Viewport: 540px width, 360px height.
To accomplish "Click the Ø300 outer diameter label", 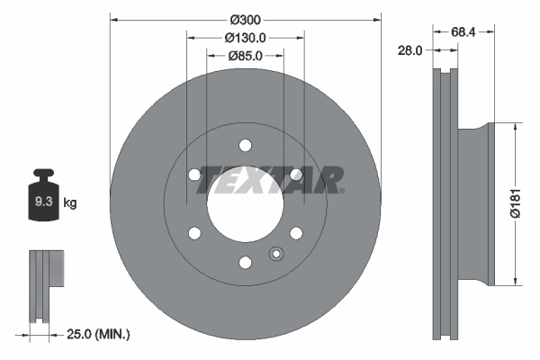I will click(245, 20).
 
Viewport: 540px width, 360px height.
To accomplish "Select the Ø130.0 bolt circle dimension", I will click(245, 38).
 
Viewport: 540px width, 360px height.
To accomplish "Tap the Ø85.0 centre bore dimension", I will click(245, 56).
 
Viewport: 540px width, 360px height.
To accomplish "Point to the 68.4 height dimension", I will click(463, 31).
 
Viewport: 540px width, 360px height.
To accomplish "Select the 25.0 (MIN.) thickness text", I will click(99, 334).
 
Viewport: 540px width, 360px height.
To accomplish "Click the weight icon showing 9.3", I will click(43, 201).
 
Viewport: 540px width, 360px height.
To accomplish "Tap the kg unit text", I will click(70, 203).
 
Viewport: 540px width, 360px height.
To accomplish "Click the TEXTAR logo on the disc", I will click(270, 179).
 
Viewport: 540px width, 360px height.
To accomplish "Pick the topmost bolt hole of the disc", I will click(245, 146).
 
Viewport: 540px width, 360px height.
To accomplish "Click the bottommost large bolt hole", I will click(245, 263).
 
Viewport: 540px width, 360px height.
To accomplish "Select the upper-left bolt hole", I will click(194, 175).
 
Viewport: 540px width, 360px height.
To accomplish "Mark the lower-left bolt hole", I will click(194, 234).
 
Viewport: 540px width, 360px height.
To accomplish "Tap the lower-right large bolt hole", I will click(295, 234).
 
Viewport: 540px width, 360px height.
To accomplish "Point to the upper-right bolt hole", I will click(295, 175).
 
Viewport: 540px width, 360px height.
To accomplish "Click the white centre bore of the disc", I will click(245, 204).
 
